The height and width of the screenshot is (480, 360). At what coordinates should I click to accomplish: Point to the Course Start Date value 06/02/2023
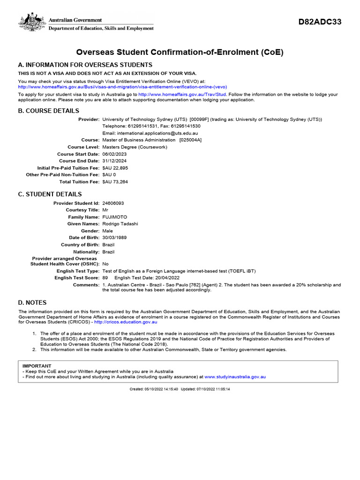114,154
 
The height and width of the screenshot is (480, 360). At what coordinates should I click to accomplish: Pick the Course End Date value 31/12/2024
114,161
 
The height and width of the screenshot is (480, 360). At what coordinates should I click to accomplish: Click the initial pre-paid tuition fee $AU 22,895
115,168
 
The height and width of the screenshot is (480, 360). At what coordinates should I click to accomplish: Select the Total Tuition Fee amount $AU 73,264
115,181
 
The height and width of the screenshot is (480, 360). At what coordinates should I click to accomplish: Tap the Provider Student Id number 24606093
113,203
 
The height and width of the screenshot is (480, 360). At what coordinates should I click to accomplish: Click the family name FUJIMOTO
114,217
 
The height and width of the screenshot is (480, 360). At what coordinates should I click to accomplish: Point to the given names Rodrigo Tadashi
120,224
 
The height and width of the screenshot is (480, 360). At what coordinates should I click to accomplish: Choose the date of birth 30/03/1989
114,238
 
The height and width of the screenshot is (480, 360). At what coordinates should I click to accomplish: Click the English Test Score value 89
105,278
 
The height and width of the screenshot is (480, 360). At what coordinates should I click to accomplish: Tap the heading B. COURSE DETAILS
49,111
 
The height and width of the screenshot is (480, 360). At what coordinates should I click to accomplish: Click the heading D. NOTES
32,303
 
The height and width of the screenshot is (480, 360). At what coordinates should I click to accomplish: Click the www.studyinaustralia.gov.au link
235,376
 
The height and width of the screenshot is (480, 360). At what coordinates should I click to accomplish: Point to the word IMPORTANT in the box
37,366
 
